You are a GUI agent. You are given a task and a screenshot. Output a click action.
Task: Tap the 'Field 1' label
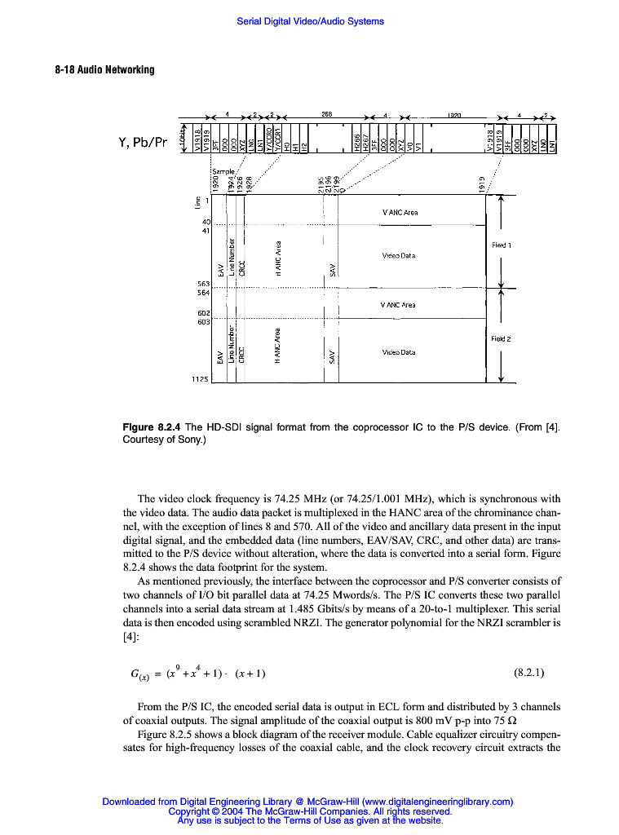(501, 245)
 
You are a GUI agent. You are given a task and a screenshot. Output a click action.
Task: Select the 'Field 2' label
(501, 338)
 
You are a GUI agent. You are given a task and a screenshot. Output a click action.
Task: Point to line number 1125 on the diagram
(200, 379)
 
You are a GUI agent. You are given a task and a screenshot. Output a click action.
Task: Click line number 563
(203, 284)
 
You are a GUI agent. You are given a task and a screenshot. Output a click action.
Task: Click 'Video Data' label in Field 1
(399, 255)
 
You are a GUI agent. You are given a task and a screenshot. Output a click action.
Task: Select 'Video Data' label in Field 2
(399, 352)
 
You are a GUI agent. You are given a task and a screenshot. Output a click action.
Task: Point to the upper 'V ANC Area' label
(400, 213)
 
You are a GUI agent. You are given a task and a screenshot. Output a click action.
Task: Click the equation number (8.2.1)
(529, 674)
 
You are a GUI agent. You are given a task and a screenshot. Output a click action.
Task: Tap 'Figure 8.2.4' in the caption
(152, 427)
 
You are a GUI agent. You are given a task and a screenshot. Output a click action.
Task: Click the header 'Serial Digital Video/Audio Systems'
(310, 21)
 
